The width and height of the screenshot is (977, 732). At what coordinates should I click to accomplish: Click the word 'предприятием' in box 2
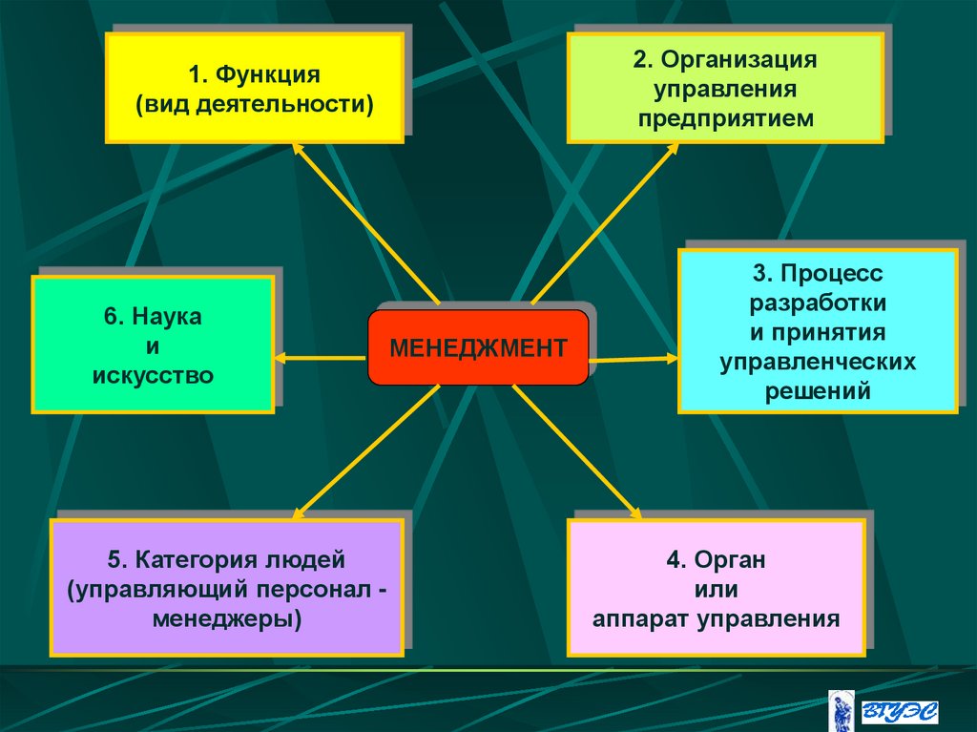point(725,119)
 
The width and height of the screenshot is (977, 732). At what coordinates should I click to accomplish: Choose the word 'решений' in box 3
point(818,390)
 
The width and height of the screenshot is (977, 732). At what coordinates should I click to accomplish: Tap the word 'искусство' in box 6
point(153,375)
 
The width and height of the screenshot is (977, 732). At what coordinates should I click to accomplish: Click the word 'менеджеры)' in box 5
point(226,618)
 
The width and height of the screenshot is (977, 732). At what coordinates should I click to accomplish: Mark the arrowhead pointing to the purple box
point(299,513)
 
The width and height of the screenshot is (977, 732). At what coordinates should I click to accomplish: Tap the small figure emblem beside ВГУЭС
point(842,711)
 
